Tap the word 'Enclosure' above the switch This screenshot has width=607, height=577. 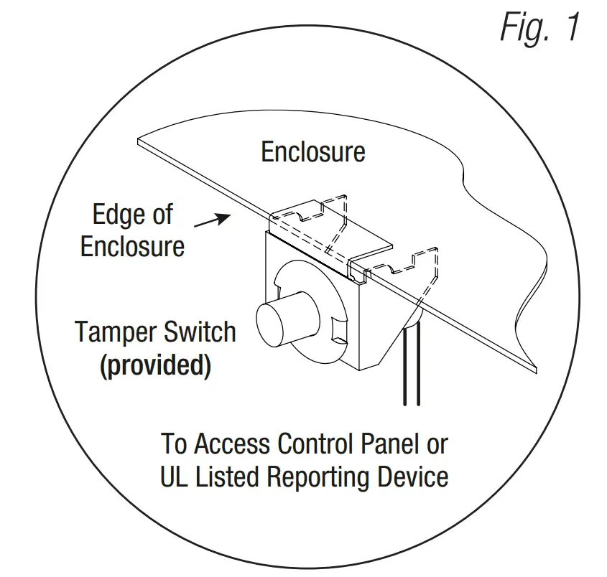(312, 152)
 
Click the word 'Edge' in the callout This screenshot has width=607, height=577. (113, 214)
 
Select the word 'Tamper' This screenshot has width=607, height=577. (117, 332)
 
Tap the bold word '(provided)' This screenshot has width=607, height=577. (155, 366)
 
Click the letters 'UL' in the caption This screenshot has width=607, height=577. (174, 477)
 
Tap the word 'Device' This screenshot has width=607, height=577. (410, 477)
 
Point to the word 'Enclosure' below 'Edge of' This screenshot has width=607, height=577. (132, 246)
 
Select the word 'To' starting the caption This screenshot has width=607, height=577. (174, 444)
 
